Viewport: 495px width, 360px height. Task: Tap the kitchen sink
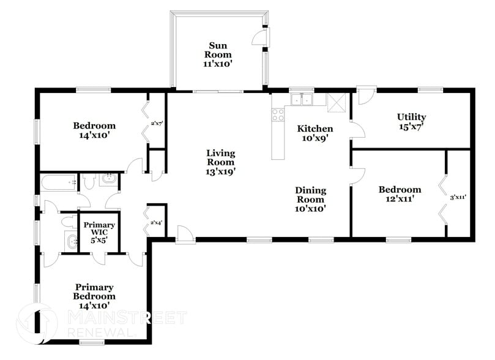[302, 100]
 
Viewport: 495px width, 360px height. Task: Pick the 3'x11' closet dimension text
[458, 197]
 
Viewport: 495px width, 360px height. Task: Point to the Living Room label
[220, 162]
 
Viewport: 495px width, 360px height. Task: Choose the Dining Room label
[311, 199]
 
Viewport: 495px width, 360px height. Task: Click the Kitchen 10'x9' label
[314, 133]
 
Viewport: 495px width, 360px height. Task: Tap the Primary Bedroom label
[95, 296]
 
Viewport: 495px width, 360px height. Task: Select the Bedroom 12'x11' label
[400, 195]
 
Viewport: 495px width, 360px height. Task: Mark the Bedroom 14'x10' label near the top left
[94, 130]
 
